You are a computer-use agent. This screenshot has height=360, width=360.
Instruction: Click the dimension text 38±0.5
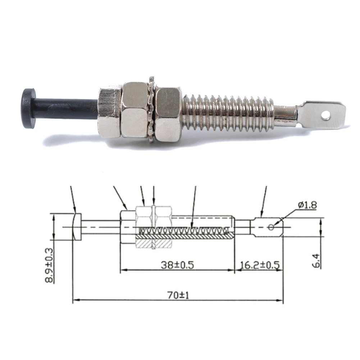[x=177, y=265]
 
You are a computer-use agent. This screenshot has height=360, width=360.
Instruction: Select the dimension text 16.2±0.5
[x=260, y=265]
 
